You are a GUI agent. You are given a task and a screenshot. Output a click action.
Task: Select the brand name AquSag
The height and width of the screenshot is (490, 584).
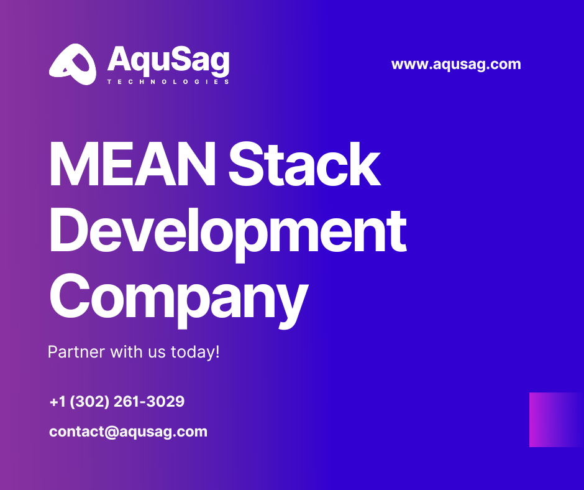pyautogui.click(x=168, y=60)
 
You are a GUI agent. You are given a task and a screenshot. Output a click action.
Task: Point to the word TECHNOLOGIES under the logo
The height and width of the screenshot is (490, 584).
pyautogui.click(x=168, y=81)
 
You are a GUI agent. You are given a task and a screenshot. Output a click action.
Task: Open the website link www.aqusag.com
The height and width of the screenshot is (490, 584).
pyautogui.click(x=456, y=64)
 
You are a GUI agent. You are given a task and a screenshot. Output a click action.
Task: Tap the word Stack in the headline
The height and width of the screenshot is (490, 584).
pyautogui.click(x=304, y=165)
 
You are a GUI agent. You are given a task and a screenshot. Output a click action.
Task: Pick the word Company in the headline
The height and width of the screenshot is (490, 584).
pyautogui.click(x=178, y=297)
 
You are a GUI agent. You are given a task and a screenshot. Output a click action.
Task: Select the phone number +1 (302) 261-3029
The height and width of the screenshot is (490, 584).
pyautogui.click(x=117, y=402)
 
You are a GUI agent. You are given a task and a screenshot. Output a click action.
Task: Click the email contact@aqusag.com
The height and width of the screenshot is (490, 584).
pyautogui.click(x=128, y=432)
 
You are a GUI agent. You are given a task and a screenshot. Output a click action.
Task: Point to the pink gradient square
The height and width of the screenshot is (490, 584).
pyautogui.click(x=556, y=420)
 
